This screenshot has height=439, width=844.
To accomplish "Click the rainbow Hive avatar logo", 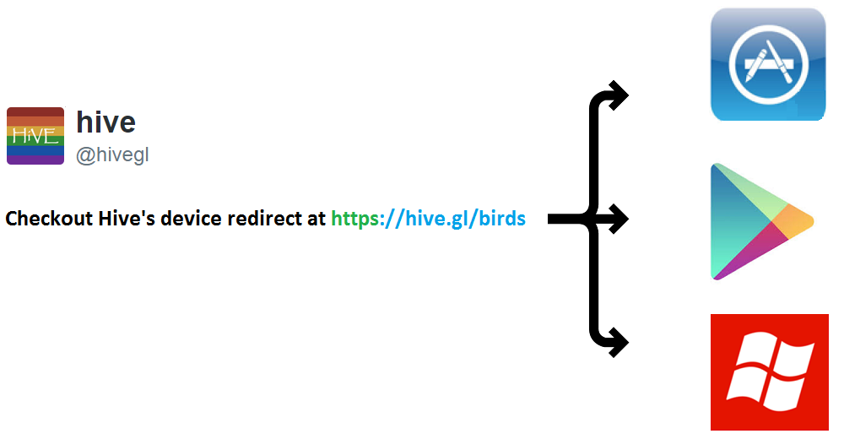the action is (x=35, y=135).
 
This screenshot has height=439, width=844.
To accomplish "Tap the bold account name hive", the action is (x=105, y=122).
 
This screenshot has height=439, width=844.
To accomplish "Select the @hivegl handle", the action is (x=112, y=155).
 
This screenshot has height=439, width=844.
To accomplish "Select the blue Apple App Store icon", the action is (x=767, y=64).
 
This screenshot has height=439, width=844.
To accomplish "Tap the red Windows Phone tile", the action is (x=769, y=371).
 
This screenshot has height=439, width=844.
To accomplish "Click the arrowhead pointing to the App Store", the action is (x=620, y=95).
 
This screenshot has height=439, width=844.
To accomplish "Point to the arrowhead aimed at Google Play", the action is (x=620, y=219).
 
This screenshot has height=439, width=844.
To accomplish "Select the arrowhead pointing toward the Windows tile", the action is (x=620, y=342).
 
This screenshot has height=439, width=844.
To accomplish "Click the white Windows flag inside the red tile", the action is (x=770, y=372).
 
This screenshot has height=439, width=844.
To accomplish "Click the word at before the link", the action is (x=316, y=219).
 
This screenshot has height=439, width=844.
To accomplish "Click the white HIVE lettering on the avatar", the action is (x=35, y=136).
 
